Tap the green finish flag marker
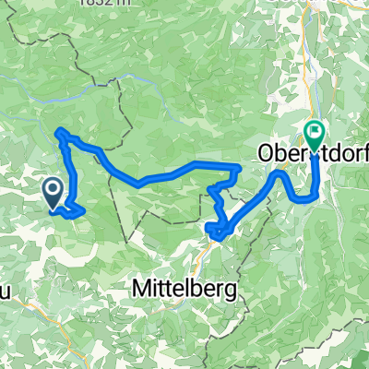pyautogui.click(x=315, y=137)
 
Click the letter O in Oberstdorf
pyautogui.click(x=263, y=152)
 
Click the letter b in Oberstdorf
pyautogui.click(x=278, y=152)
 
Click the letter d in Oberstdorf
pyautogui.click(x=336, y=152)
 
